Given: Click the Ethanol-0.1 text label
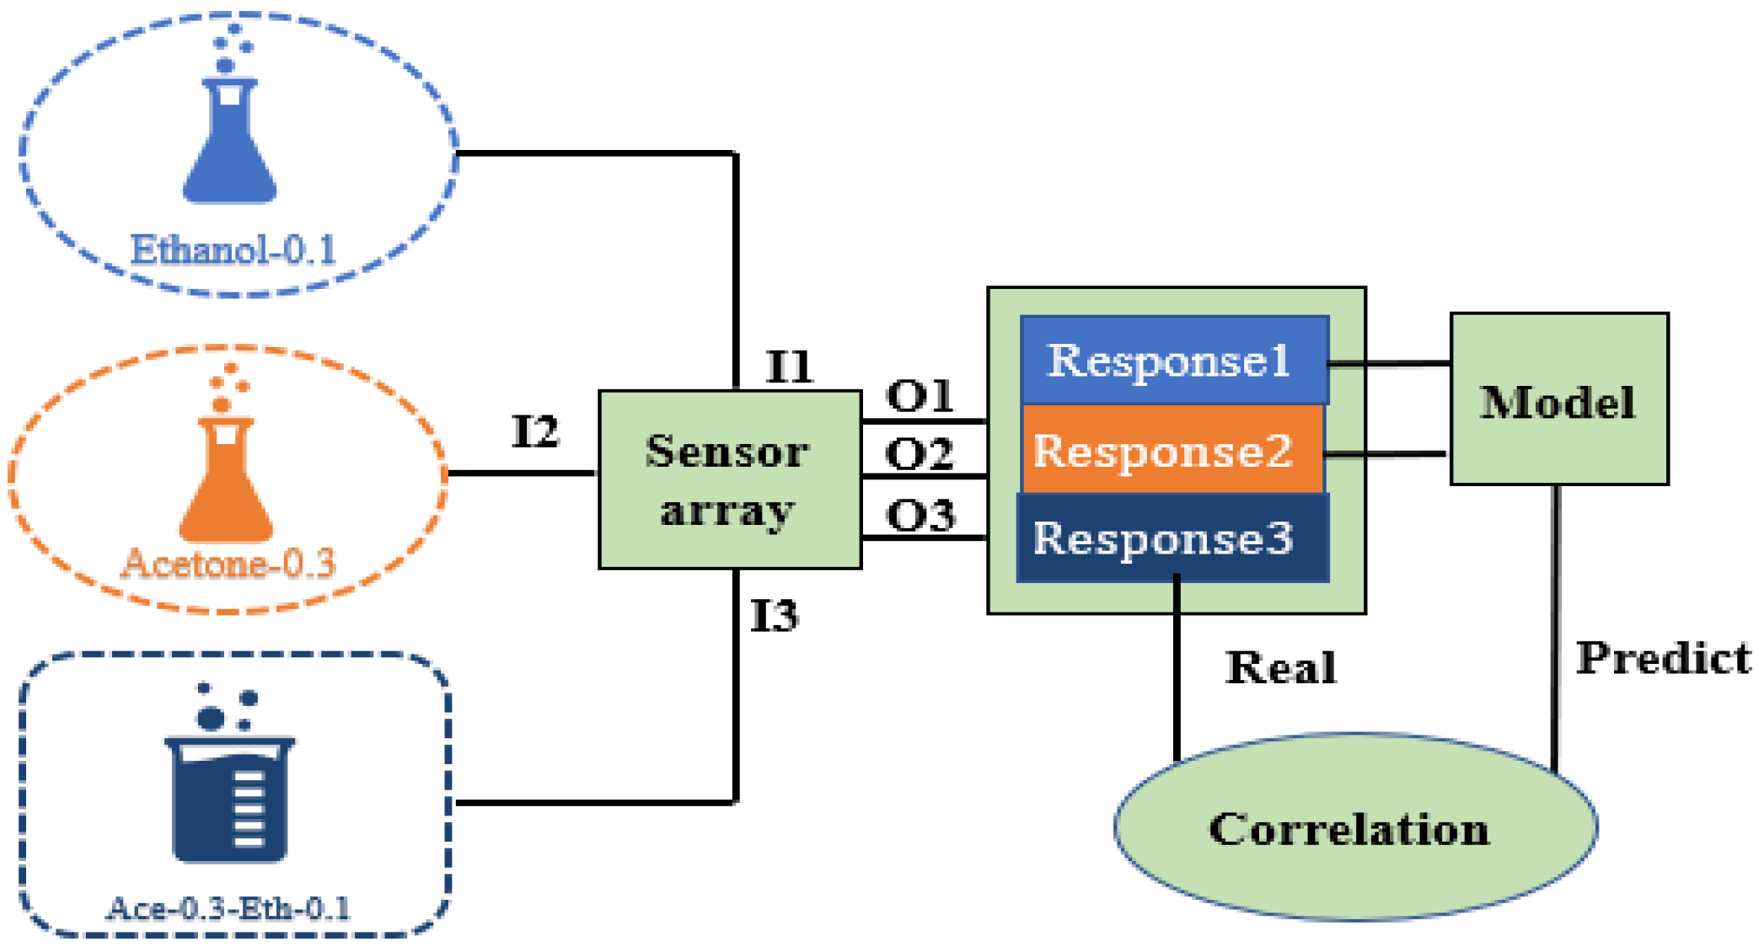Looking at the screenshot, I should pos(233,250).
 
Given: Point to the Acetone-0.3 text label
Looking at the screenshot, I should pos(228,563).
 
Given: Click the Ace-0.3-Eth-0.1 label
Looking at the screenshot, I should pos(228,908).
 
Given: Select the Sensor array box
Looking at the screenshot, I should pos(729,479).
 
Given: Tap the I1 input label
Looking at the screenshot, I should pos(789,367).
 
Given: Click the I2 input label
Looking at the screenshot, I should pos(535,432).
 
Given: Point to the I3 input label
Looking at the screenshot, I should pos(774,616).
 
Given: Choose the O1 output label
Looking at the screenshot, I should pos(920,396).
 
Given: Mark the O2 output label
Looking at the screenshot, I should pos(920,455).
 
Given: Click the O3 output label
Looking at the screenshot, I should pos(920,515).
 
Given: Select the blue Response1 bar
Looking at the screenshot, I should pos(1173,361).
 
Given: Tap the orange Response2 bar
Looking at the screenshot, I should pos(1172,450).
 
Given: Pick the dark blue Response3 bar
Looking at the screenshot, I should pos(1172,538).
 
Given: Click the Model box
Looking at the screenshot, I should pos(1558,399).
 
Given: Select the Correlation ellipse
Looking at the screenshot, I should pos(1354,827).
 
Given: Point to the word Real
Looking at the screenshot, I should pos(1281,668).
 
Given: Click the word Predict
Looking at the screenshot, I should pos(1663,658).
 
